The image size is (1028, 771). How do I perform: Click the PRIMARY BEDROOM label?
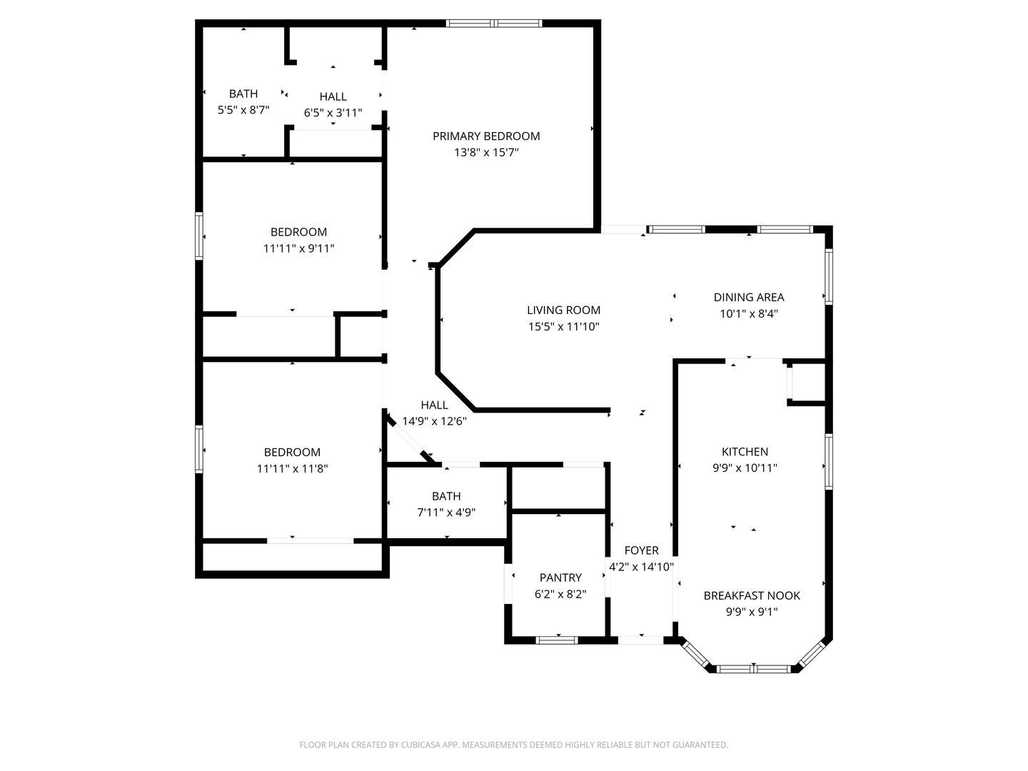tap(486, 136)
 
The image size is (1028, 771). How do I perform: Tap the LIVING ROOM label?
tap(563, 310)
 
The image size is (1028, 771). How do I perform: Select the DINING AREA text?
tap(748, 297)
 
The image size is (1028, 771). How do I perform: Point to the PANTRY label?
tap(560, 578)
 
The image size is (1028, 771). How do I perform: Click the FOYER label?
tap(641, 550)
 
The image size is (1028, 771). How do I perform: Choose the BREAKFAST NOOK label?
tap(752, 595)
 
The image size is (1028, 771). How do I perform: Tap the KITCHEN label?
tap(745, 452)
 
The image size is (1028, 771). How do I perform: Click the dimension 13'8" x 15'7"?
tap(486, 153)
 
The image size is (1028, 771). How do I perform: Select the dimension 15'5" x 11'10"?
tap(563, 327)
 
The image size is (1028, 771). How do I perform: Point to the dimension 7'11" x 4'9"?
tap(446, 513)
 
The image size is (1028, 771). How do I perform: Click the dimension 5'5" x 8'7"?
tap(243, 110)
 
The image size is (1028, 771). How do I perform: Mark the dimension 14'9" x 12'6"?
tap(434, 421)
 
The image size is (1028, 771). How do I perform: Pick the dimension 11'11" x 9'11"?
tap(298, 248)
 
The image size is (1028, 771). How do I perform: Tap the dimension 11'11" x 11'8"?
tap(292, 468)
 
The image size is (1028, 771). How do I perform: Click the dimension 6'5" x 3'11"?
tap(333, 113)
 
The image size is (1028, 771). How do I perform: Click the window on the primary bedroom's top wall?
tap(494, 24)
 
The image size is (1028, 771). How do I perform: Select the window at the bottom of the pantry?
tap(557, 640)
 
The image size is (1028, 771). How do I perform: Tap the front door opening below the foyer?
tap(640, 640)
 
